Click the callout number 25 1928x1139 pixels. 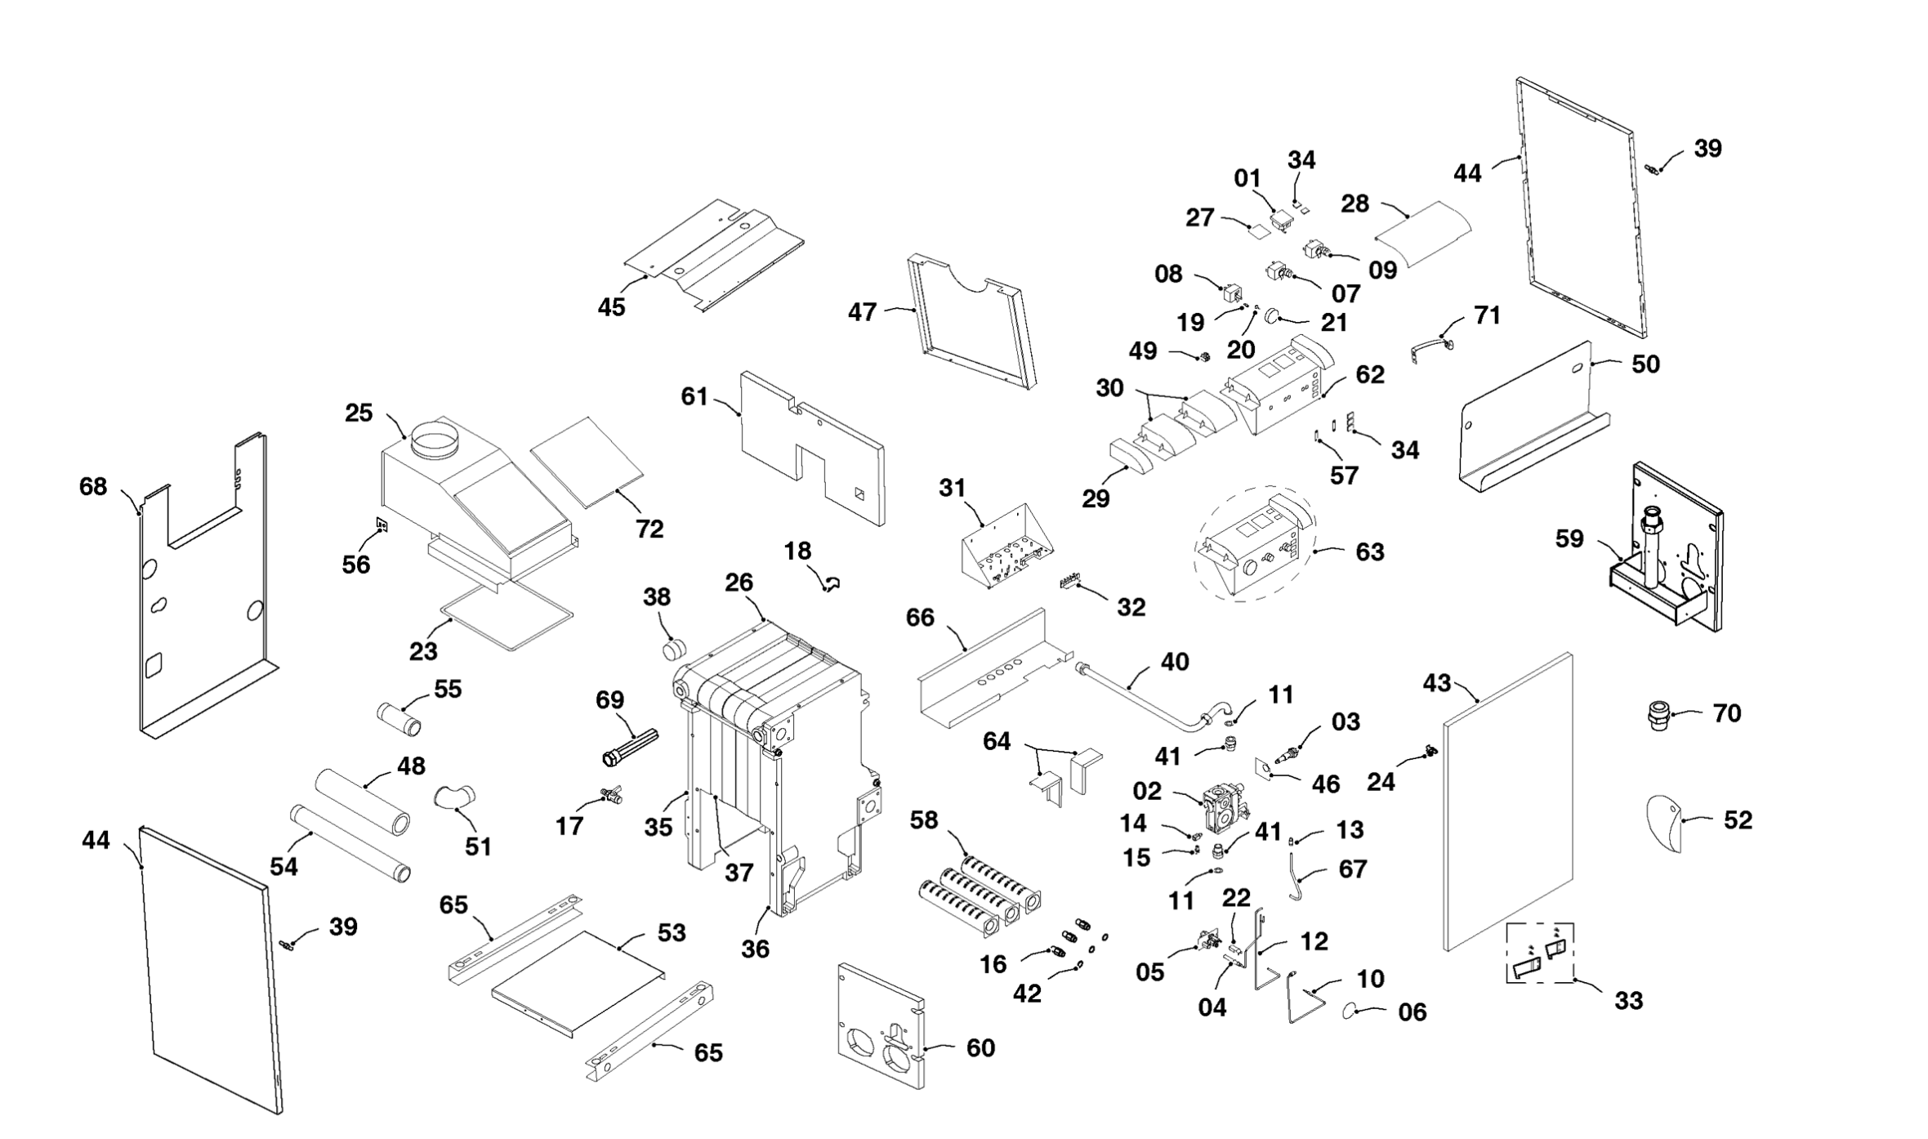pyautogui.click(x=359, y=413)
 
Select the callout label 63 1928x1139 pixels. pyautogui.click(x=1370, y=552)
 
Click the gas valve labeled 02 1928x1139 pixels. pyautogui.click(x=1226, y=807)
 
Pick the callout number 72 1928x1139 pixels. pyautogui.click(x=649, y=529)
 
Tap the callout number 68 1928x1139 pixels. pyautogui.click(x=93, y=487)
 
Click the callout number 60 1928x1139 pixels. pyautogui.click(x=980, y=1048)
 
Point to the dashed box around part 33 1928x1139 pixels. pyautogui.click(x=1540, y=954)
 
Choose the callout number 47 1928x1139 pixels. pyautogui.click(x=862, y=312)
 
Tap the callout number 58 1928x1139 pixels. pyautogui.click(x=924, y=820)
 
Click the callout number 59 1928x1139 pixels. pyautogui.click(x=1569, y=539)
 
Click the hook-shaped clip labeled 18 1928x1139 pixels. pyautogui.click(x=831, y=583)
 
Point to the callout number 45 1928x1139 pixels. pyautogui.click(x=611, y=307)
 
